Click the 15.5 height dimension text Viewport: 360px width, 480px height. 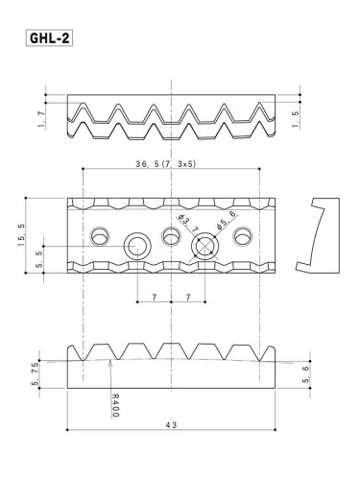[x=22, y=235]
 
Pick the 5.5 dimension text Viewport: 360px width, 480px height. [x=37, y=259]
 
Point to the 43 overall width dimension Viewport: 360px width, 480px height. [x=173, y=423]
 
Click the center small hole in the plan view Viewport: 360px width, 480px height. [x=172, y=234]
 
